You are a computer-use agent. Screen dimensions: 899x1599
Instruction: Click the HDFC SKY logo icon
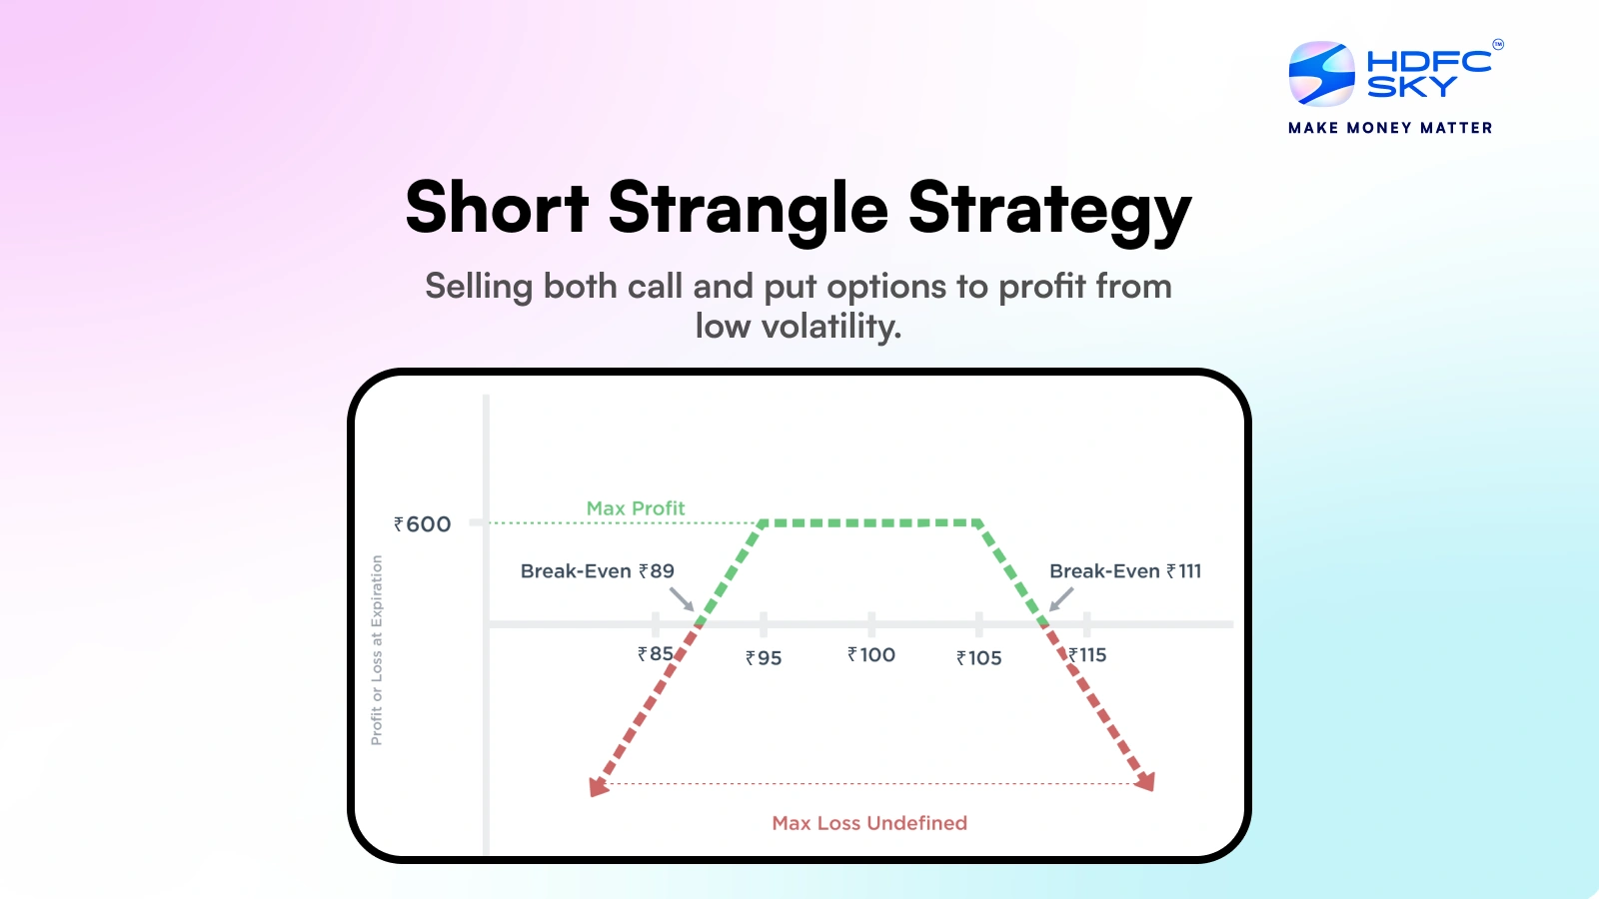(1321, 74)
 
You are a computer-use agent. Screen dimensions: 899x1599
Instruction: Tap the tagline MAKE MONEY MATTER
(1390, 128)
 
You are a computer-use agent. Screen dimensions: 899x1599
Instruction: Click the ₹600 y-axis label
(423, 524)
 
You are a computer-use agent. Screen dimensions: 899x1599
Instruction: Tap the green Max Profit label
(636, 508)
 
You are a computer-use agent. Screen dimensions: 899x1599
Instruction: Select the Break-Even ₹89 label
(597, 571)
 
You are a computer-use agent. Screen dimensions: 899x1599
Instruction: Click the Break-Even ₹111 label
(1125, 571)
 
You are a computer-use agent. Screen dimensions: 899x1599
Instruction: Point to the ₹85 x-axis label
(656, 654)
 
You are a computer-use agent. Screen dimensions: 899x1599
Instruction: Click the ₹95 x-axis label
(764, 658)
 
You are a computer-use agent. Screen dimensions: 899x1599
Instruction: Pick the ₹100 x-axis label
(871, 655)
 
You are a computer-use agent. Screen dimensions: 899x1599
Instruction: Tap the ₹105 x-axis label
(978, 658)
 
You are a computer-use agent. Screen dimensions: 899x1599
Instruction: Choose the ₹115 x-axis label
(1088, 655)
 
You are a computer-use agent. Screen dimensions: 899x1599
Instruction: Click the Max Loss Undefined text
(869, 823)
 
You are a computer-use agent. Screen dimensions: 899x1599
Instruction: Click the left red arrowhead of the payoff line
(598, 786)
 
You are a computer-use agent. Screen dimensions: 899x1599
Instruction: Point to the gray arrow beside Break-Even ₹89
(682, 599)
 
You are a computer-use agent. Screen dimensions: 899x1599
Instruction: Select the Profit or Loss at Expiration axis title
(377, 650)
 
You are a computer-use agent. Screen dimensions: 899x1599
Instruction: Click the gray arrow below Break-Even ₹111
(1060, 599)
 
